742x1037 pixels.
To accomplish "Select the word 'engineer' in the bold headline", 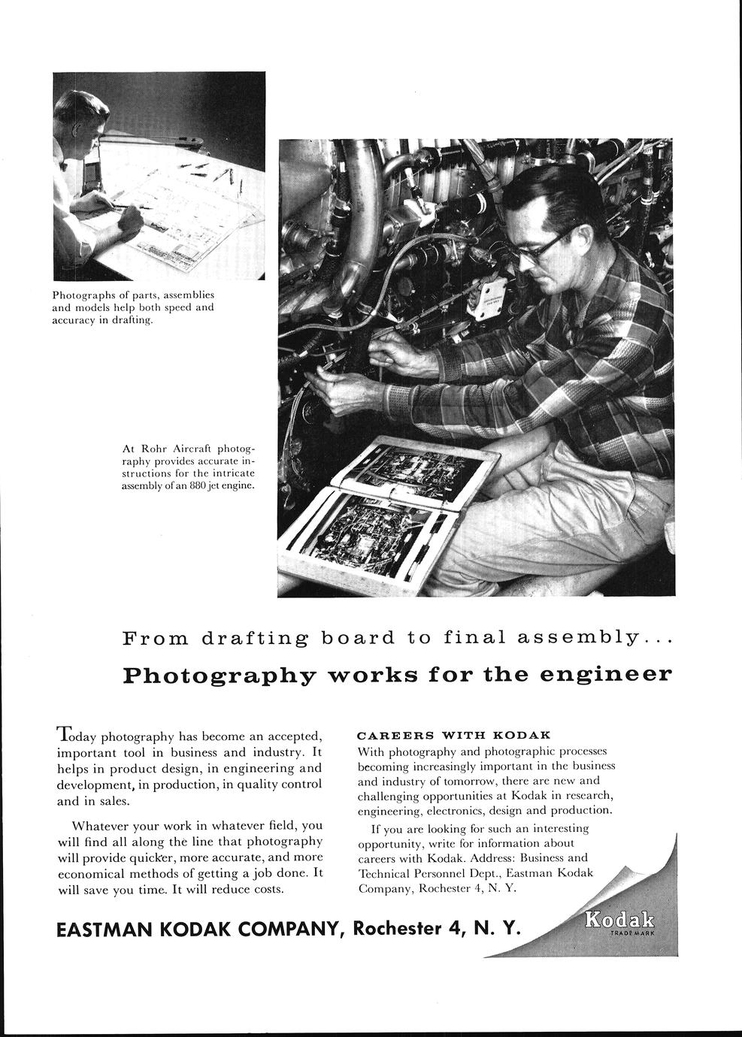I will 607,673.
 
